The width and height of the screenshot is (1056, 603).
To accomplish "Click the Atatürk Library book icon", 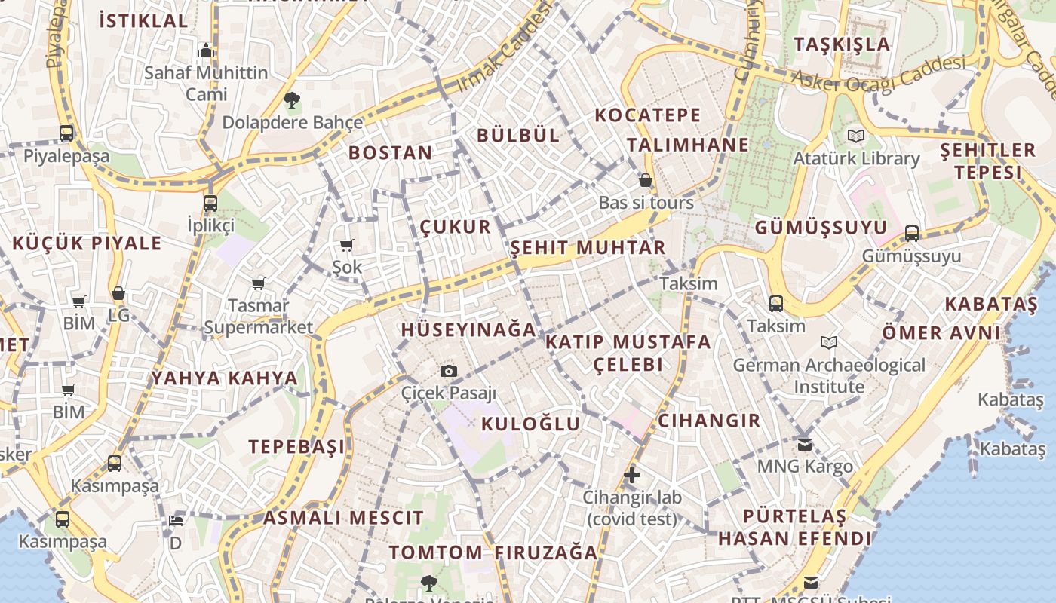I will click(x=855, y=136).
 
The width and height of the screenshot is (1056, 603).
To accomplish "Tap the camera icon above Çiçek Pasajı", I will click(x=449, y=371).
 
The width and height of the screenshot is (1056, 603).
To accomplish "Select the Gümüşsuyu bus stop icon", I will click(x=912, y=234).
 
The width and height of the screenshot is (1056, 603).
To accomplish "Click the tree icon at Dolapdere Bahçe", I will click(x=292, y=99).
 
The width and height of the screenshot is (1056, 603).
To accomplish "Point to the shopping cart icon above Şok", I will click(x=347, y=245).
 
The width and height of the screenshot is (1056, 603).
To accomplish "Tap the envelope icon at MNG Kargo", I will click(x=805, y=444).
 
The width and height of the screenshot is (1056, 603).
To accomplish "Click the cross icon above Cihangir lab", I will click(x=632, y=475).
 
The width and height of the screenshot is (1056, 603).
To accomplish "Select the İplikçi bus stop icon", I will click(x=210, y=204).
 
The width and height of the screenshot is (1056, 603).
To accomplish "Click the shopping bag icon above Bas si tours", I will click(x=646, y=180).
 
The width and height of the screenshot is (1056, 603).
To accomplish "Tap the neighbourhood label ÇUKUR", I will click(x=455, y=227).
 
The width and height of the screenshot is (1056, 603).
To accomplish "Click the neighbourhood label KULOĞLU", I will click(x=531, y=424).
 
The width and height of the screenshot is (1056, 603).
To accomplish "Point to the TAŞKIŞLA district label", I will click(x=842, y=44).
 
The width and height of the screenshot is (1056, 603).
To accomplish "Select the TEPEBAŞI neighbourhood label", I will click(x=297, y=446).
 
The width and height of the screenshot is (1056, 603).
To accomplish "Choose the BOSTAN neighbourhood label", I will click(x=391, y=153).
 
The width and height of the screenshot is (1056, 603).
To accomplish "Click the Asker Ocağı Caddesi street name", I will click(x=878, y=74).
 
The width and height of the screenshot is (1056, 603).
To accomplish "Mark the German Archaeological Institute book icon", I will click(x=829, y=343).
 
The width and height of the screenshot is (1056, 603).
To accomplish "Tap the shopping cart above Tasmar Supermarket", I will click(x=259, y=283).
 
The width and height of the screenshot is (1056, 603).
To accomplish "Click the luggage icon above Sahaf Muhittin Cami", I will click(x=206, y=51).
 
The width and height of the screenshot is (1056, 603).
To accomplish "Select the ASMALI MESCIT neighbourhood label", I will click(x=343, y=518).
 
